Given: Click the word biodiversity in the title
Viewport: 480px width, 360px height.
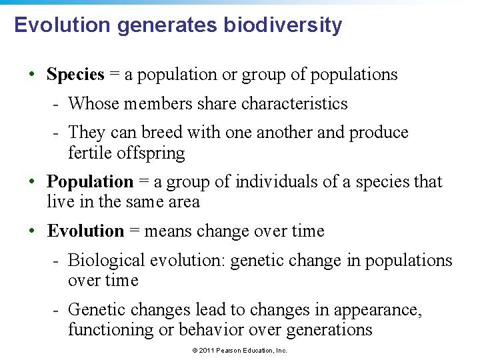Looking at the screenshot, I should click(283, 25).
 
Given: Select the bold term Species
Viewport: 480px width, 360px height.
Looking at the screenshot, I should click(75, 75).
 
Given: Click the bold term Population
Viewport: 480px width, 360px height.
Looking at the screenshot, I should click(90, 181).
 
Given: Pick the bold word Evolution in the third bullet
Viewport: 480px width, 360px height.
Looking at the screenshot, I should click(85, 231).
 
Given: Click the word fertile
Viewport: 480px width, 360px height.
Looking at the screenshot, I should click(90, 153).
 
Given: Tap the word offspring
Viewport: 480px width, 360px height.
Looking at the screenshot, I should click(151, 153).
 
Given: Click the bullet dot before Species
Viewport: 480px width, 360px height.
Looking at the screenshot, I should click(32, 75).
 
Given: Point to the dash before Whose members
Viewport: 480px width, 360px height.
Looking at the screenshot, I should click(58, 104).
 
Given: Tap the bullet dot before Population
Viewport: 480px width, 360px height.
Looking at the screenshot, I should click(32, 181).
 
